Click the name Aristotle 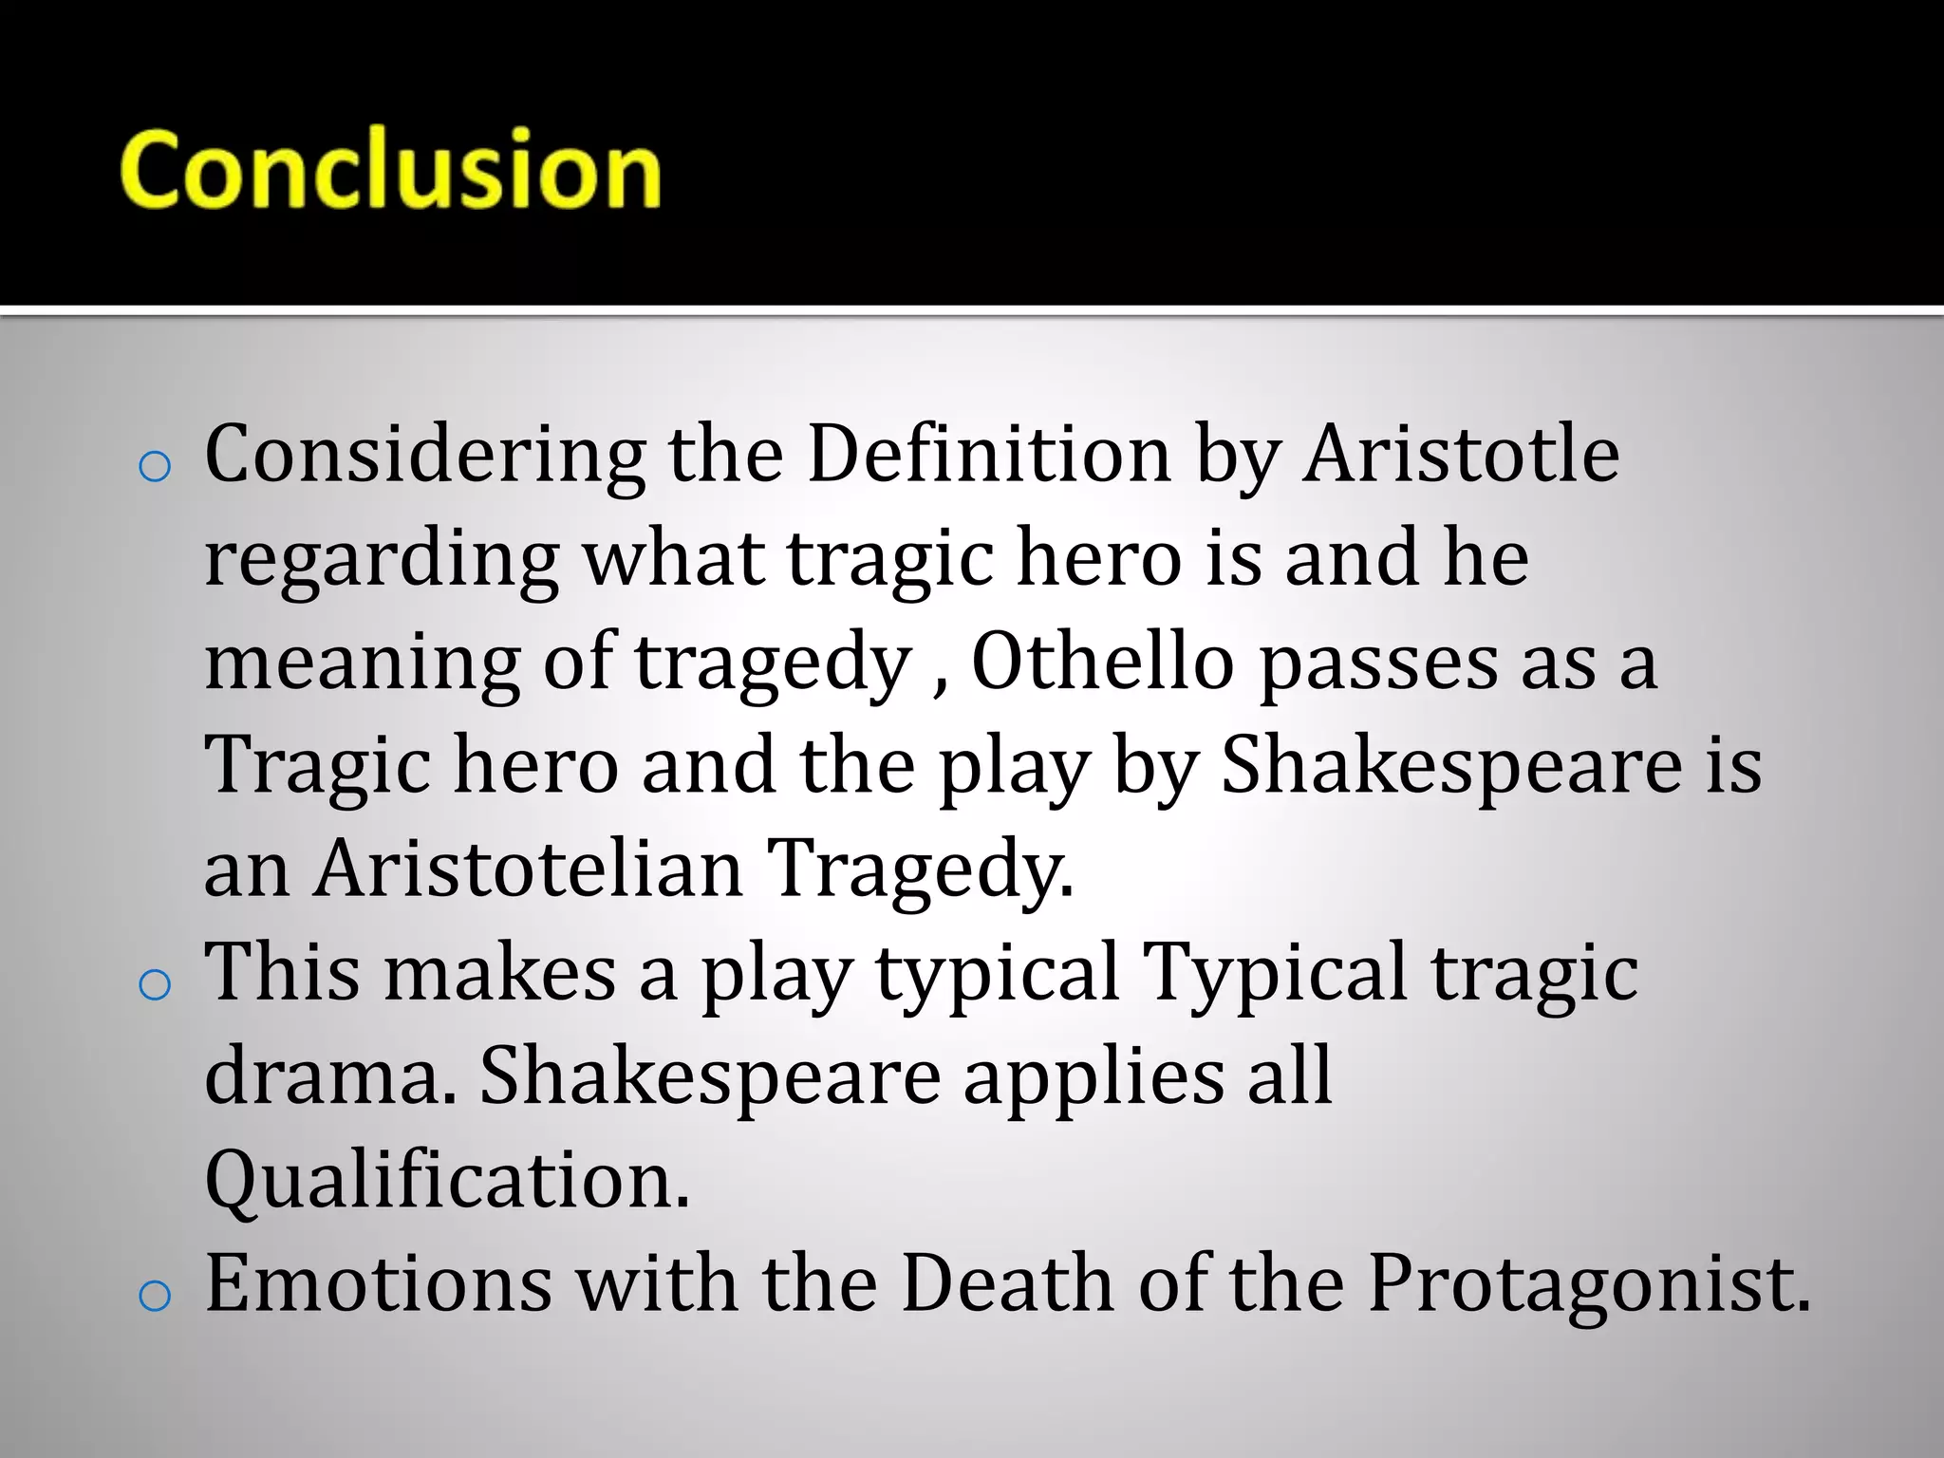pos(1460,454)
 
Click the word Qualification pos(447,1181)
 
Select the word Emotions pos(379,1283)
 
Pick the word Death pos(1007,1283)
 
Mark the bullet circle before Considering pos(154,467)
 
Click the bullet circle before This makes pos(154,985)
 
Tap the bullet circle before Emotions pos(154,1297)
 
